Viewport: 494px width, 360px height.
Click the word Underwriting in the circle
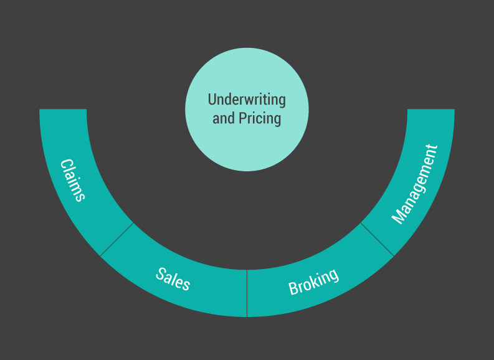247,100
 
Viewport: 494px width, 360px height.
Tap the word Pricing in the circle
260,118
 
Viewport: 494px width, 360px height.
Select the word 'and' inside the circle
224,118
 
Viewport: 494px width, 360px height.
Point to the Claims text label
72,180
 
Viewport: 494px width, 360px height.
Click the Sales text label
173,279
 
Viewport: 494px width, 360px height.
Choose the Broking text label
314,282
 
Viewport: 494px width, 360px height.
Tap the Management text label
414,184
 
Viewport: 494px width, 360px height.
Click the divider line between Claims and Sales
116,239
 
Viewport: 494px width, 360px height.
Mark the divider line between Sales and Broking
247,293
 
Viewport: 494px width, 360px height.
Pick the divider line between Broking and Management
377,239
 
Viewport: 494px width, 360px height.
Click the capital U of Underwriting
212,100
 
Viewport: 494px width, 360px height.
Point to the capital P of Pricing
242,118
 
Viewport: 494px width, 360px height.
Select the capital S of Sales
161,273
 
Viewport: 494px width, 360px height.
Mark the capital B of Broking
293,288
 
